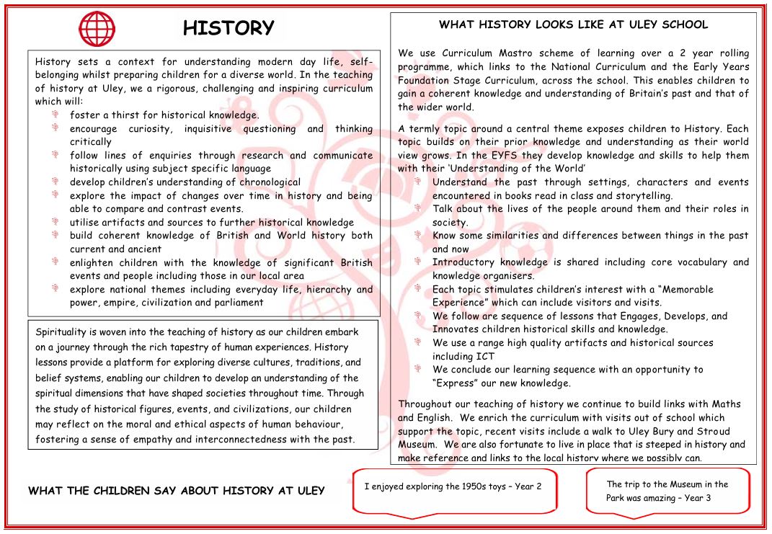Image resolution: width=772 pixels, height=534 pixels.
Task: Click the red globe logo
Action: click(97, 29)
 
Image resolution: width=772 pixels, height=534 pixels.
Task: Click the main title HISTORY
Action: click(229, 28)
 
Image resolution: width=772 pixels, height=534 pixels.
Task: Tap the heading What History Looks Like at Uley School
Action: click(573, 25)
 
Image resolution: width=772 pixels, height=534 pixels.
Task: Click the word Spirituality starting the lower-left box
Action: click(66, 332)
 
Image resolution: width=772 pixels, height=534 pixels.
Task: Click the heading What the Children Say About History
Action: click(176, 491)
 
